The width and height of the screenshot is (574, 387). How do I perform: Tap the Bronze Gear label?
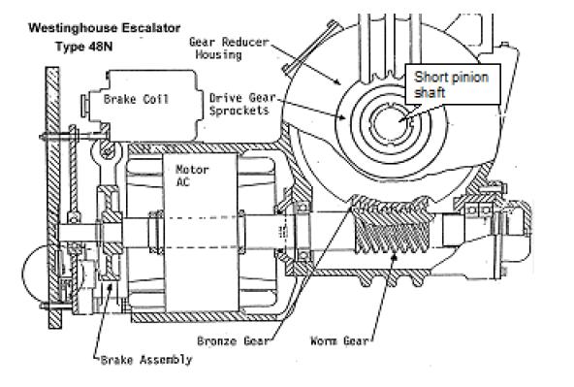(x=225, y=340)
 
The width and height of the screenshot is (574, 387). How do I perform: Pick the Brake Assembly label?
(x=146, y=360)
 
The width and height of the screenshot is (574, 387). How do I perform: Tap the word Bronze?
(x=210, y=340)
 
